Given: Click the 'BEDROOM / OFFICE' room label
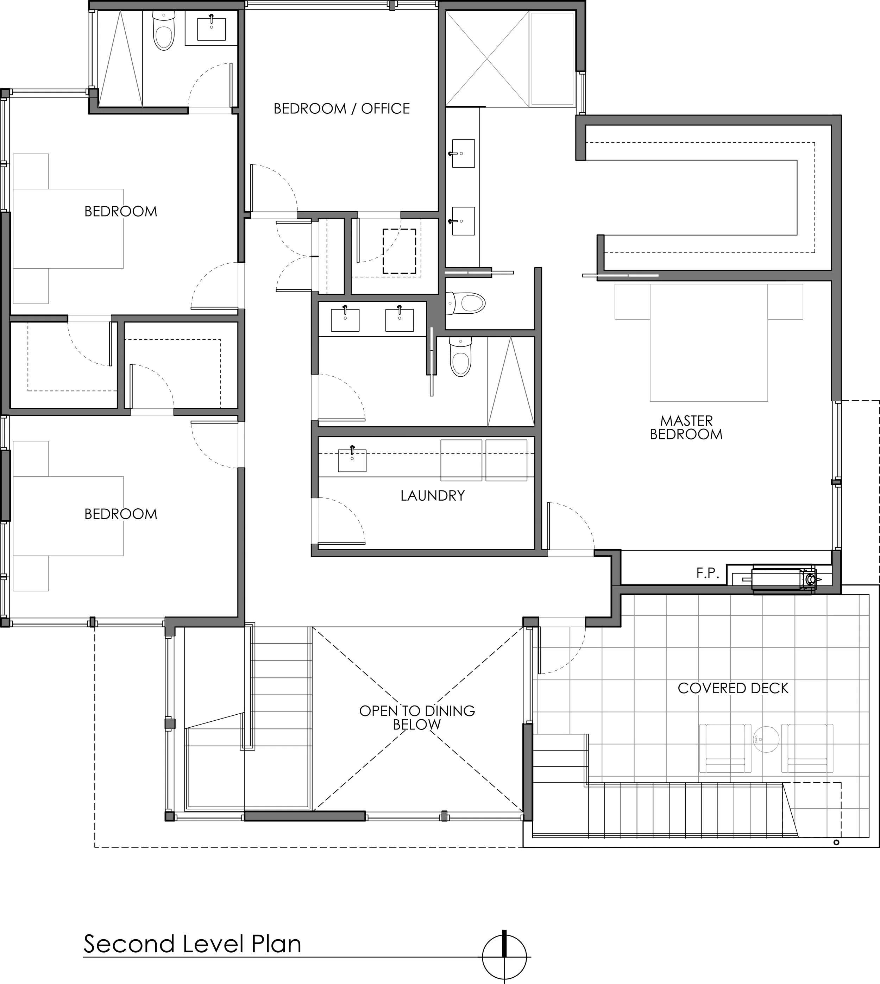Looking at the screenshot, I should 341,109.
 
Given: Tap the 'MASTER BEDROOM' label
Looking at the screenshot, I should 686,427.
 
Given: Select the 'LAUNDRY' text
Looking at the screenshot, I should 432,496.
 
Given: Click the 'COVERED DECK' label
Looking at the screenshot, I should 733,688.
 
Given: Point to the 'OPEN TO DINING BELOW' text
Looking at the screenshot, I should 417,717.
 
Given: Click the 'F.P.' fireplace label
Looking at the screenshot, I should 708,574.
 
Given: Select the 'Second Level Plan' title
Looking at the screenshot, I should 193,944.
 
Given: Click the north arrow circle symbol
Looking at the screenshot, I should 504,957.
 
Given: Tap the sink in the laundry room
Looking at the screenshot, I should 352,460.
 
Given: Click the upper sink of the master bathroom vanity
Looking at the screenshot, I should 463,153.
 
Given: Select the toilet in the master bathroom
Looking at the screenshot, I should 466,303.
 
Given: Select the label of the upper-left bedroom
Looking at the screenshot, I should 121,211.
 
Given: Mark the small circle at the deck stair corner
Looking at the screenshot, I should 836,843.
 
